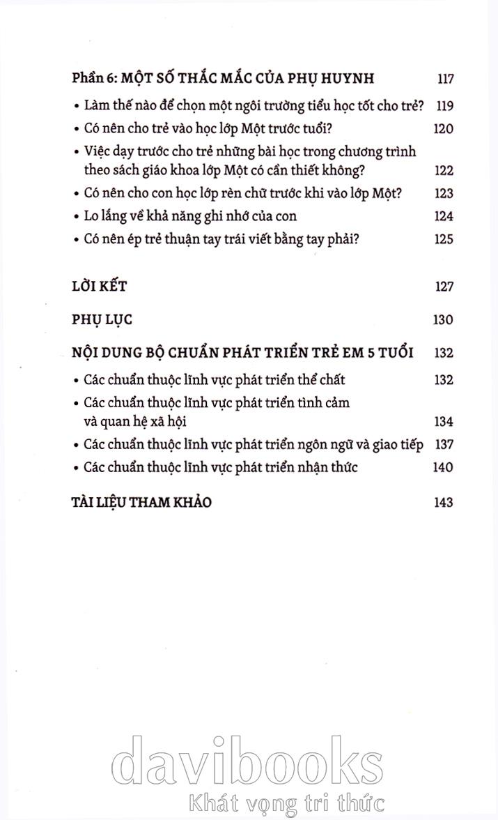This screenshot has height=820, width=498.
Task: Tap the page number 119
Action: point(444,106)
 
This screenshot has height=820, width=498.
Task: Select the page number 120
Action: point(444,129)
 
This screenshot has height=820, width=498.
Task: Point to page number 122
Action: point(444,171)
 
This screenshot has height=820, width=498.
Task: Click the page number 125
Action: point(444,239)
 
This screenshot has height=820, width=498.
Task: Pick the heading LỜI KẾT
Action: point(99,287)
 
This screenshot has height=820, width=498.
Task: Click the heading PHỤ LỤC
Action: point(102,319)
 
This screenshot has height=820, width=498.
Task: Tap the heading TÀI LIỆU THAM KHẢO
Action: point(141,502)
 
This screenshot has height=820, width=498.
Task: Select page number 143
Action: point(443,502)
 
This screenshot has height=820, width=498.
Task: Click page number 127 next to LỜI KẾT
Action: point(444,287)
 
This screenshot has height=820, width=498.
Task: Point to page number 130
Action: point(443,319)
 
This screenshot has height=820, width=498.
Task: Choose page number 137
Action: point(444,444)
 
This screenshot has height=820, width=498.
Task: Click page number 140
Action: point(443,467)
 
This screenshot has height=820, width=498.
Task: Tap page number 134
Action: point(443,421)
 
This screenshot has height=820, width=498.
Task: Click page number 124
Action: point(444,216)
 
